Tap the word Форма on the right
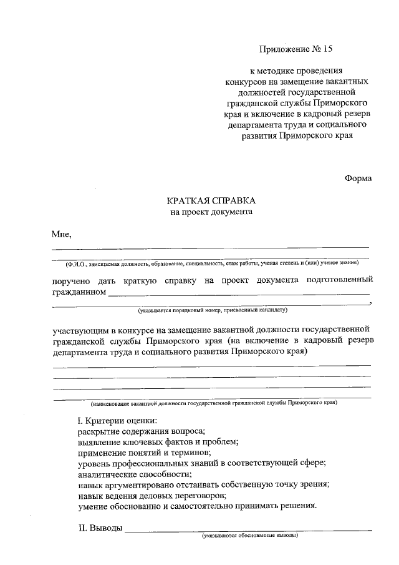358,178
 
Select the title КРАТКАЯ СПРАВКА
211,201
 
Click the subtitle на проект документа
211,212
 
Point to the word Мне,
62,235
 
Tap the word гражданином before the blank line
79,291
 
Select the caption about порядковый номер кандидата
212,310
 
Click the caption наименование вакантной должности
212,403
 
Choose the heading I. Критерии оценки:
117,421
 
